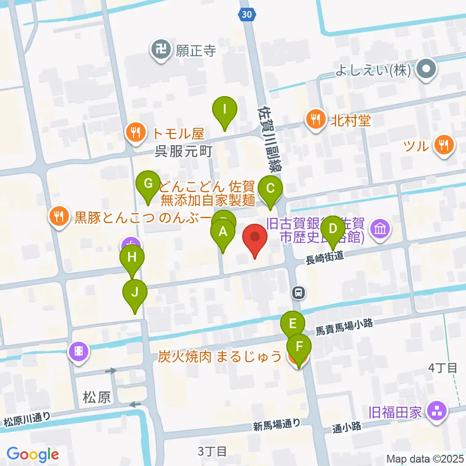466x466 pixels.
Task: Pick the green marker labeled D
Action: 333,229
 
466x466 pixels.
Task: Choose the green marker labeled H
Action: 132,257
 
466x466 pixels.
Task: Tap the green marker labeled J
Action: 134,293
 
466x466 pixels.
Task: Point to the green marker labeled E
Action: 293,324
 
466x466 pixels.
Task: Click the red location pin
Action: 255,238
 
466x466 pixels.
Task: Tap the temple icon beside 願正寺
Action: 160,50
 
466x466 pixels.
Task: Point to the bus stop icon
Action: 299,293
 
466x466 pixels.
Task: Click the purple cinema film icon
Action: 79,350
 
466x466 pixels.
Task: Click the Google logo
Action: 33,454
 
